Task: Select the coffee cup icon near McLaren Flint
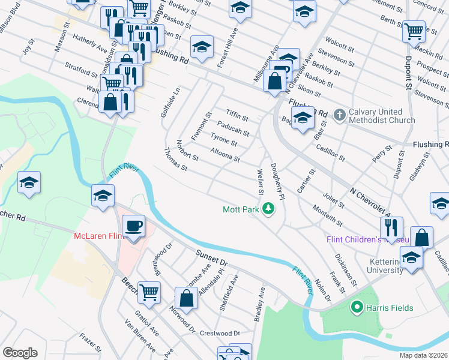coord(133,227)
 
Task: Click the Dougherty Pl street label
coord(277,178)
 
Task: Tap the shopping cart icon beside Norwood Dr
coord(149,293)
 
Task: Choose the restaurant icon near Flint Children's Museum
coord(391,227)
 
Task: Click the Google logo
coord(19,352)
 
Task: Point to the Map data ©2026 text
coord(423,355)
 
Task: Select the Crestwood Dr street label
coord(220,333)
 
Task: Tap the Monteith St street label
coord(327,215)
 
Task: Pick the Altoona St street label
coord(225,156)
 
